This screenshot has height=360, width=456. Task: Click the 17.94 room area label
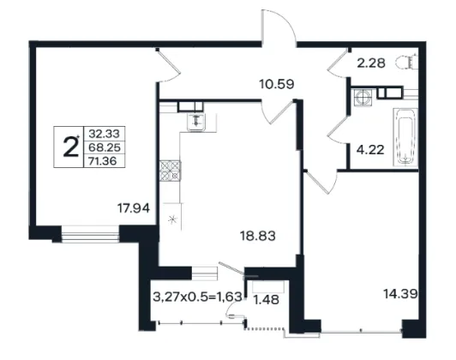pos(134,208)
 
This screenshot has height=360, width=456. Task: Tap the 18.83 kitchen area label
pos(258,236)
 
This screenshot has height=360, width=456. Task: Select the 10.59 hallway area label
pos(277,84)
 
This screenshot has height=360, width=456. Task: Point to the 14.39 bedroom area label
pos(400,294)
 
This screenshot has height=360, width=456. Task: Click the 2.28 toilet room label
pos(371,63)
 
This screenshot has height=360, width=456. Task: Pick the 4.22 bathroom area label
pos(370,150)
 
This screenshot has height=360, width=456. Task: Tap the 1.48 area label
pos(267,300)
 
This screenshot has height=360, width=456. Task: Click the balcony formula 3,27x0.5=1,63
pos(197,297)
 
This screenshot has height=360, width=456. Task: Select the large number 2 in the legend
pos(70,147)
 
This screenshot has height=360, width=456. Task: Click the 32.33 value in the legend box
pos(104,134)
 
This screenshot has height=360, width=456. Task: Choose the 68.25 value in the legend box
pos(104,147)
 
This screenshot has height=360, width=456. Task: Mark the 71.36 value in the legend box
pos(103,161)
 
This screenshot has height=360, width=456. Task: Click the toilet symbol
pos(406,62)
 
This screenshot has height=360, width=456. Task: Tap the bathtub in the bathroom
pos(405,137)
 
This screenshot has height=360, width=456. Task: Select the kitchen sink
pos(196,122)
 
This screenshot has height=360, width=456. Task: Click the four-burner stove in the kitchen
pos(170,171)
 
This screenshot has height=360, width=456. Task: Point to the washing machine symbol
pos(363,97)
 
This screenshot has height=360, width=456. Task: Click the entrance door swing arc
pos(279,27)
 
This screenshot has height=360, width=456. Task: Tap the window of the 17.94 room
pos(91,234)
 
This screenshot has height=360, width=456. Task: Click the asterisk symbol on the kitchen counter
pos(173,219)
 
